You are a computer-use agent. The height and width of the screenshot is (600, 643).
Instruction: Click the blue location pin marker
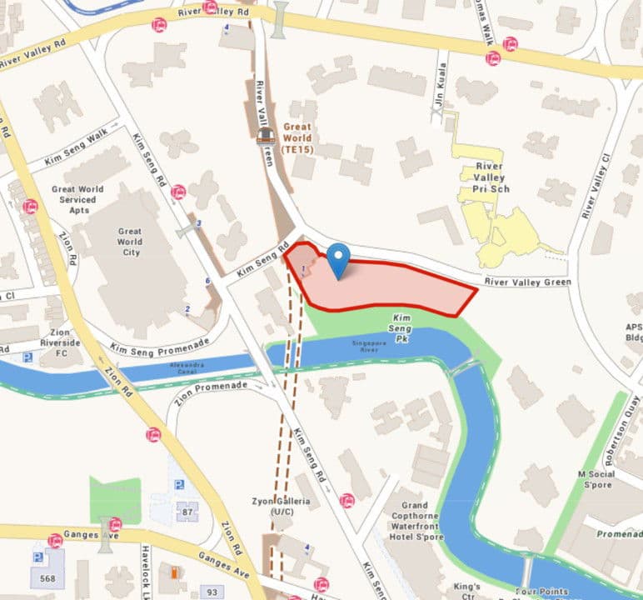[x=337, y=260]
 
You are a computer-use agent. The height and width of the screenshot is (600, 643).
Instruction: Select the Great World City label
[x=130, y=242]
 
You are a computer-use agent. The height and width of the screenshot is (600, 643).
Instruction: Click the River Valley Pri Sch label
[x=491, y=177]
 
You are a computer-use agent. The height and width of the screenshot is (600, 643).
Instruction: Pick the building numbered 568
[x=47, y=577]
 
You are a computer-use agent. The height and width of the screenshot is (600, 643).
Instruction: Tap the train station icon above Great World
[x=266, y=136]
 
